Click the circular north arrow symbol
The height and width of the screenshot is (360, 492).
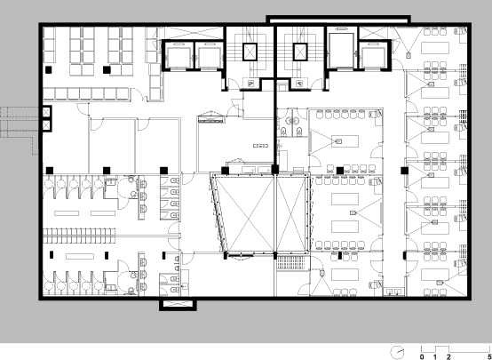(397, 351)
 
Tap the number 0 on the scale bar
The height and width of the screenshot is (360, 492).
(422, 356)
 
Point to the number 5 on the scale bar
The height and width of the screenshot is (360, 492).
(489, 356)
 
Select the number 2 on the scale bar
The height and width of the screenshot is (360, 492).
(448, 356)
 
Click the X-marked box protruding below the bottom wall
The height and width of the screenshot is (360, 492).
(178, 304)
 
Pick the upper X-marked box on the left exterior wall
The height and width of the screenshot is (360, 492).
(46, 111)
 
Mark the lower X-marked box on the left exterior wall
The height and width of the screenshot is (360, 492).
(46, 125)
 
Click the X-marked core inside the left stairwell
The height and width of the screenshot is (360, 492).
(250, 52)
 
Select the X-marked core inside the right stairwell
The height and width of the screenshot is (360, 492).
(300, 52)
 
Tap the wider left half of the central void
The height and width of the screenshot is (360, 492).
(246, 214)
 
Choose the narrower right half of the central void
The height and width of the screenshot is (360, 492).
(291, 214)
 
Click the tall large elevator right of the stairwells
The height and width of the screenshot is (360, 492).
(341, 50)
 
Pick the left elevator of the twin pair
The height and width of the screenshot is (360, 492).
(178, 57)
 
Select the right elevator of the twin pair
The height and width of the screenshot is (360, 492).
(209, 57)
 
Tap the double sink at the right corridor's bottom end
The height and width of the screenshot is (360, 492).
(394, 292)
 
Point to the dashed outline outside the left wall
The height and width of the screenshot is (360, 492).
(20, 130)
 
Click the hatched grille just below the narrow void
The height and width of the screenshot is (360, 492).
(290, 262)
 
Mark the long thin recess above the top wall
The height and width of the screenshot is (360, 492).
(338, 20)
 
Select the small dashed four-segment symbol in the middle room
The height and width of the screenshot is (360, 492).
(261, 146)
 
